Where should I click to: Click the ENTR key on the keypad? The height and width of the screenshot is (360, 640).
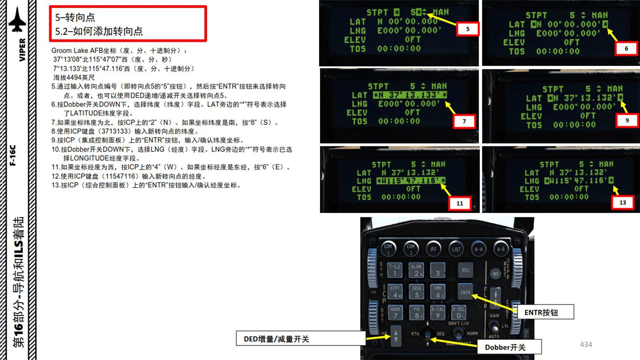pos(465,291)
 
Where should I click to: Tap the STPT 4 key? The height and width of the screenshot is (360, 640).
pos(395,291)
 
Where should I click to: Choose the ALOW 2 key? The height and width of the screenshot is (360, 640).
pos(416,270)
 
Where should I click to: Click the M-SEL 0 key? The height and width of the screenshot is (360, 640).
pos(458,312)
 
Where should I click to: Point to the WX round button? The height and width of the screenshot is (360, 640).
pos(495,273)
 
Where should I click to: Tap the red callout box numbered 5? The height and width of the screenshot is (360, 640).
pos(467,29)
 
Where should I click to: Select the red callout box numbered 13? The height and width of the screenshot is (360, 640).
pos(622,203)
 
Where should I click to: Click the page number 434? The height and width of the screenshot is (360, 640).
pos(585,344)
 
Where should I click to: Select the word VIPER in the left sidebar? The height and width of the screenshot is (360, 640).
pos(22,50)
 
